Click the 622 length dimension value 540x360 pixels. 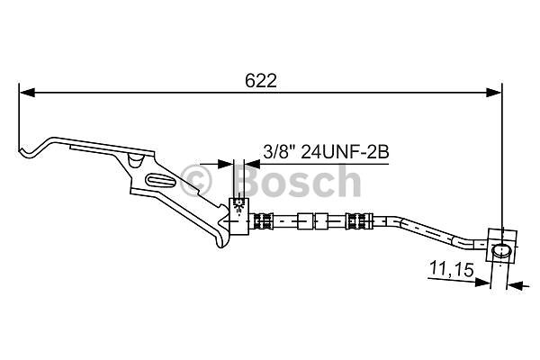coord(261,81)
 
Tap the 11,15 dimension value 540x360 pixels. coord(452,269)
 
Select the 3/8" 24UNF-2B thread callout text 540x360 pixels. coord(326,152)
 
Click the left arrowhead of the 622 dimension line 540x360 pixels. coord(27,93)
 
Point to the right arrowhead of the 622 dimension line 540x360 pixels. coord(493,93)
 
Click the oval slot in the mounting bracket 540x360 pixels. coord(161,181)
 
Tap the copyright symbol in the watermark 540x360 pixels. coord(195,181)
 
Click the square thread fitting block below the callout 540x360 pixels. coord(238,217)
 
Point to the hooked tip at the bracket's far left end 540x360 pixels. coord(25,152)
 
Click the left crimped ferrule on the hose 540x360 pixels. coord(264,221)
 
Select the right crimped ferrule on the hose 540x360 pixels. coord(358,220)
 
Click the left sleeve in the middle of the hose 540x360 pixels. coord(305,221)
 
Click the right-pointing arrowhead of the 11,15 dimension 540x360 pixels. coord(482,282)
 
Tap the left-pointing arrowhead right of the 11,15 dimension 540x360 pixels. coord(515,284)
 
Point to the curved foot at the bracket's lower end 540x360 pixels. coord(222,241)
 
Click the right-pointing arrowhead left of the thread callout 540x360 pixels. coord(226,164)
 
